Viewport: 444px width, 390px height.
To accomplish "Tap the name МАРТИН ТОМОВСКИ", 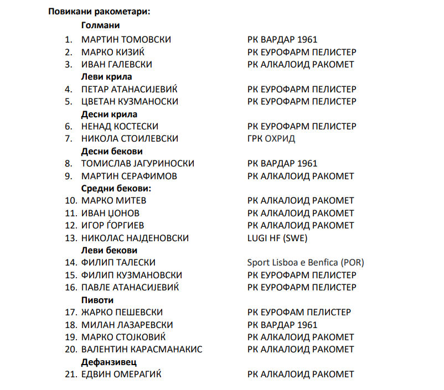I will point(126,39).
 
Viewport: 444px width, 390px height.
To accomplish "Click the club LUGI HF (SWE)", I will point(277,238).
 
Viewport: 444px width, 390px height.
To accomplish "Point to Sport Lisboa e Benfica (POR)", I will point(306,262).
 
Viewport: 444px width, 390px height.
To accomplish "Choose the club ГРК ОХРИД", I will point(271,139).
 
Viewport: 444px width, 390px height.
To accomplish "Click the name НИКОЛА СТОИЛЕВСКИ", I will point(130,139).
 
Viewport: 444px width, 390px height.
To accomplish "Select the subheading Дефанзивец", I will point(109,362).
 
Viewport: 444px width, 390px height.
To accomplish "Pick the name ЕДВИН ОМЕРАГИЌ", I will point(122,375).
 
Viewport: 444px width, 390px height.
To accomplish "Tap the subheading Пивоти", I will point(97,300).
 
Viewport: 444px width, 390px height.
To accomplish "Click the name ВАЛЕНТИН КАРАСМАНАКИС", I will point(142,349).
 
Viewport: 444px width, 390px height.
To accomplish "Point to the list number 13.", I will point(70,238).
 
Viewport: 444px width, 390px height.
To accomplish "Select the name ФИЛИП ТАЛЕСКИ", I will point(118,262).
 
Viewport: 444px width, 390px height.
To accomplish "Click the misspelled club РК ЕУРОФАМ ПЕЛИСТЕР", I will point(299,312).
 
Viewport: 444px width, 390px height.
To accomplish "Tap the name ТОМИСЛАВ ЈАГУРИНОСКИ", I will point(137,164).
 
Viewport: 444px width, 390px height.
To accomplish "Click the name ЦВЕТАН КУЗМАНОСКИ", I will point(130,101).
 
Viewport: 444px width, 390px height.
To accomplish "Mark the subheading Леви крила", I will point(106,77).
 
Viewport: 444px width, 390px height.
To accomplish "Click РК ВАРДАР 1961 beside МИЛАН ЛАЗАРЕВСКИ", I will point(282,325).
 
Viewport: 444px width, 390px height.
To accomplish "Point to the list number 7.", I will point(70,139).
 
